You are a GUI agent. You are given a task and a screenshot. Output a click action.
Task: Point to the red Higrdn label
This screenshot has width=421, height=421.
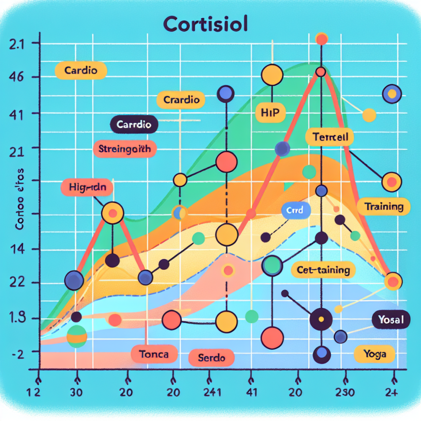[87, 187]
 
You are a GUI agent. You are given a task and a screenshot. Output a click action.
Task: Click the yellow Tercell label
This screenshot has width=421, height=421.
[329, 138]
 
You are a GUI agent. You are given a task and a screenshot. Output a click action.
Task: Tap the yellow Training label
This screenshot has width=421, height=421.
[383, 207]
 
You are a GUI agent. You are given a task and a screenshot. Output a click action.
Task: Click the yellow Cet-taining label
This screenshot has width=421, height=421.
[323, 270]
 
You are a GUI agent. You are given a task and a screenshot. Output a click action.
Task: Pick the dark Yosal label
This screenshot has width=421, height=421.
[391, 321]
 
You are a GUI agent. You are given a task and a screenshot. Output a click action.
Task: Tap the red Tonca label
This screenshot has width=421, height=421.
[154, 353]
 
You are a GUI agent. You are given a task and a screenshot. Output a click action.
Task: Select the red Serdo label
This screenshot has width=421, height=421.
[211, 358]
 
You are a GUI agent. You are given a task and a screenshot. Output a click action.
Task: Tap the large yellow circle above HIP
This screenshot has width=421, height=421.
[272, 76]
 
